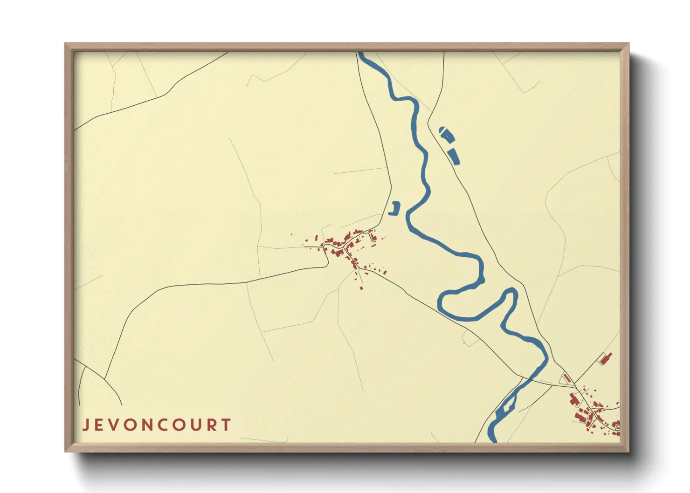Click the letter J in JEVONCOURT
point(86,425)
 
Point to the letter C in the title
point(159,425)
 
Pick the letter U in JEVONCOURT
point(194,425)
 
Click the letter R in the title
point(211,425)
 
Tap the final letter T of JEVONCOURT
point(226,425)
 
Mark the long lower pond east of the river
point(453,156)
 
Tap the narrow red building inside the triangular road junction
point(567,378)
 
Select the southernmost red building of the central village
point(361,288)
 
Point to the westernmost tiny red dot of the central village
point(291,234)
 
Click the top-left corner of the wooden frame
point(65,44)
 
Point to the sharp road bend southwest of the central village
point(328,265)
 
